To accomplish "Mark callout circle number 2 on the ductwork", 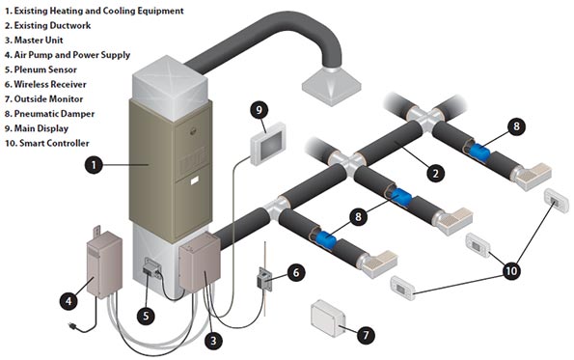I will pos(436,174).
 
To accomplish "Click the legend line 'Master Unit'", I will pos(41,41).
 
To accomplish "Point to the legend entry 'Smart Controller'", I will pos(55,142).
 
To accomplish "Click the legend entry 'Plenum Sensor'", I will pos(45,69).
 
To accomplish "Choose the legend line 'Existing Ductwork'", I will pos(53,26).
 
